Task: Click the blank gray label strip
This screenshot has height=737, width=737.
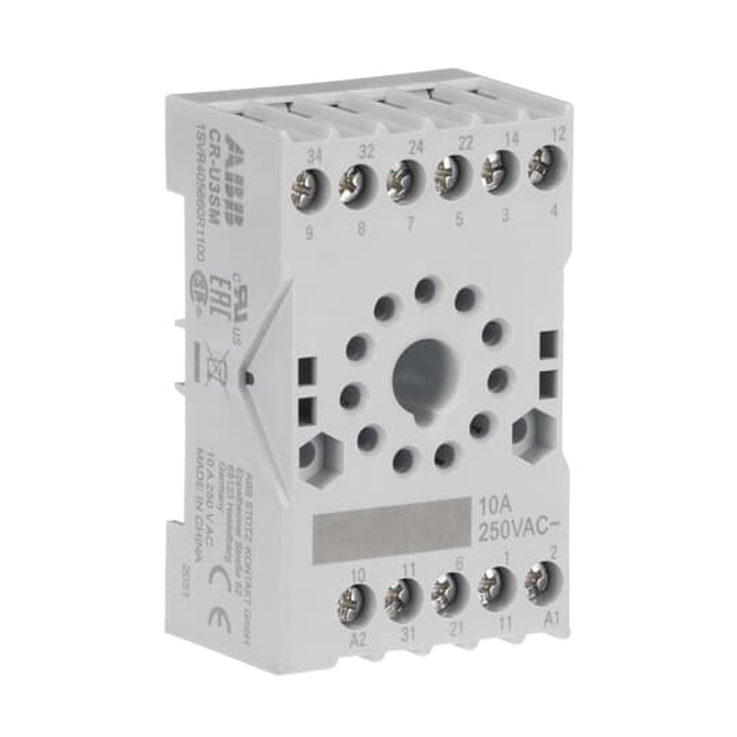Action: [391, 523]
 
